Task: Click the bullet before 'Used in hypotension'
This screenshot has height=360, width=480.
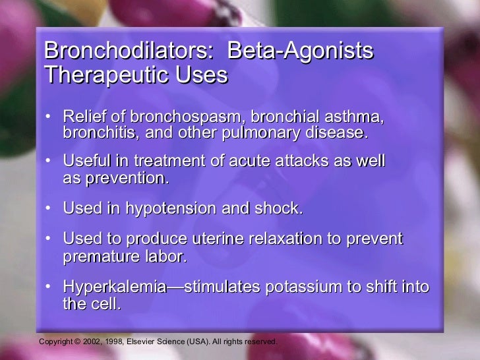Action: (x=48, y=208)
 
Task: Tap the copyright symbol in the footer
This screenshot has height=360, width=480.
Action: (x=76, y=342)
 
